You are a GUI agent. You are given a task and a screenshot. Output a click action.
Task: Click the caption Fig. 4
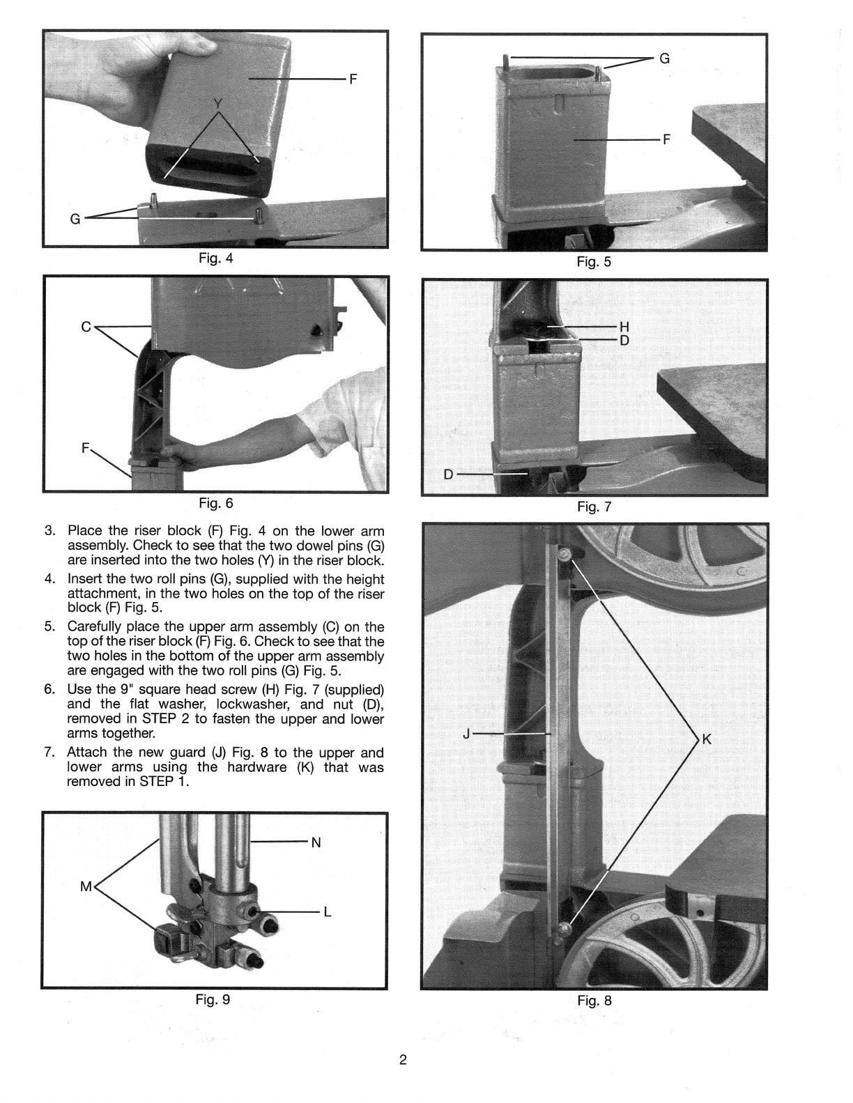coord(216,258)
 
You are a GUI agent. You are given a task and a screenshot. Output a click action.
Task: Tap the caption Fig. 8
coord(594,1001)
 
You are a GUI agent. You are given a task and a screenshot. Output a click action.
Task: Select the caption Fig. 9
coord(213,1000)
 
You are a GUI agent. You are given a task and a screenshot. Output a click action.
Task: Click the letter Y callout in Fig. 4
coord(219,105)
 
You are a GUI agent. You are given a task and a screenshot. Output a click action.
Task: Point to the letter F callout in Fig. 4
coord(353,79)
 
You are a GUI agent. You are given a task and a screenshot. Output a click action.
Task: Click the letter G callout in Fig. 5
coord(665,59)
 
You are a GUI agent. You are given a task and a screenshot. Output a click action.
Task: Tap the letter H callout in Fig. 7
coord(624,326)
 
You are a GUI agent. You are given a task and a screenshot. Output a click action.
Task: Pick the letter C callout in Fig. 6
coord(86,326)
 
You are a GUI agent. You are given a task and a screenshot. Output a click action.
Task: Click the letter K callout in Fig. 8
coord(706,739)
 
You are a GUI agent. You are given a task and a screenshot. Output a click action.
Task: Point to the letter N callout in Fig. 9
coord(316,842)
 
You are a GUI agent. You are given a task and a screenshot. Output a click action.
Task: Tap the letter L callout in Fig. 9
coord(328,912)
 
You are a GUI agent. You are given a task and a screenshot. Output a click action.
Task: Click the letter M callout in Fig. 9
coord(86,887)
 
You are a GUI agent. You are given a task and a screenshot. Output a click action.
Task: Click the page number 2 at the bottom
coord(403,1061)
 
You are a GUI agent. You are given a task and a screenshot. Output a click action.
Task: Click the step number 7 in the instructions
coord(49,752)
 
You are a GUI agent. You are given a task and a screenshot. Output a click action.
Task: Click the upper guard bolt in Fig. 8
coord(565,553)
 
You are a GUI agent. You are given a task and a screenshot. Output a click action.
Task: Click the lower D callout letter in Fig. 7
coord(448,475)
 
